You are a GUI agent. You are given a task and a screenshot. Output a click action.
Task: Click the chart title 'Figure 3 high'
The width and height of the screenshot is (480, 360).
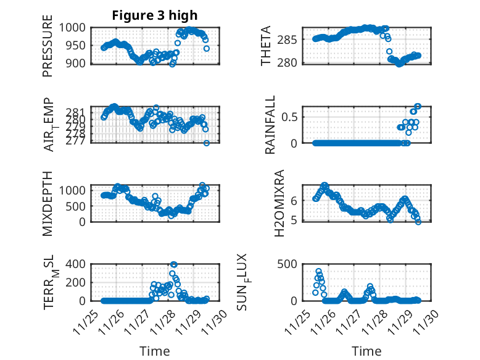click(x=154, y=15)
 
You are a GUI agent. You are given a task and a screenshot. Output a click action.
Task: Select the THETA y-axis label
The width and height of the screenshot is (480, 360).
click(x=266, y=46)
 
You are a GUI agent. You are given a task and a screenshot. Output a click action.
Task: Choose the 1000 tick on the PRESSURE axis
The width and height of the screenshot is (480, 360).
click(x=76, y=28)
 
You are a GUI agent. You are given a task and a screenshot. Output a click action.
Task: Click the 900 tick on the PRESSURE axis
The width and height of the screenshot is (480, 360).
click(x=79, y=63)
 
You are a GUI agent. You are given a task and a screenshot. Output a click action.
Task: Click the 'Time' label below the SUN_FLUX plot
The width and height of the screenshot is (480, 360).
click(x=366, y=351)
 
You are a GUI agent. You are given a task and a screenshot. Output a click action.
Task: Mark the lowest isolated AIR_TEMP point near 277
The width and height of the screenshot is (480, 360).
click(x=207, y=143)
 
